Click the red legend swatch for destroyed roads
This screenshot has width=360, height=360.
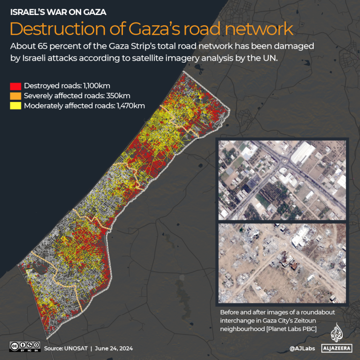click(x=15, y=86)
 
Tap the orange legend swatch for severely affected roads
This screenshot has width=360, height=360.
click(x=15, y=96)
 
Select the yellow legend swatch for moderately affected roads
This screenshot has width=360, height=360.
click(x=15, y=106)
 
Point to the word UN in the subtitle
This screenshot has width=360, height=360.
click(x=272, y=58)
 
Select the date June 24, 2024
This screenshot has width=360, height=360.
click(x=115, y=348)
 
